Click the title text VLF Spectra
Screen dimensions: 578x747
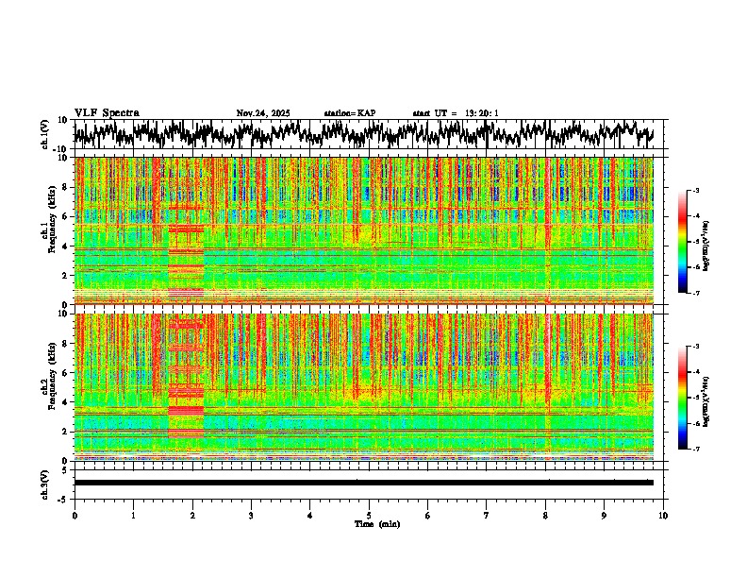(107, 112)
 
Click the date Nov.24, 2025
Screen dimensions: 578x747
(263, 113)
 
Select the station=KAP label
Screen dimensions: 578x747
(350, 113)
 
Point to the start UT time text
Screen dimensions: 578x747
(456, 113)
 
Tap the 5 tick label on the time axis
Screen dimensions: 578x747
(369, 515)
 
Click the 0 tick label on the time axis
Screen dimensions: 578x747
(75, 515)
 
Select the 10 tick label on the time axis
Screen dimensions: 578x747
(663, 515)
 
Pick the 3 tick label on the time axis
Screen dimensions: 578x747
(251, 515)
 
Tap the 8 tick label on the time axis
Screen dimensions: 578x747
(545, 515)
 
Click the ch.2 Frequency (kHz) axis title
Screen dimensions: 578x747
(47, 384)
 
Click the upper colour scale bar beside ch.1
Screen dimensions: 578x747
(682, 242)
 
